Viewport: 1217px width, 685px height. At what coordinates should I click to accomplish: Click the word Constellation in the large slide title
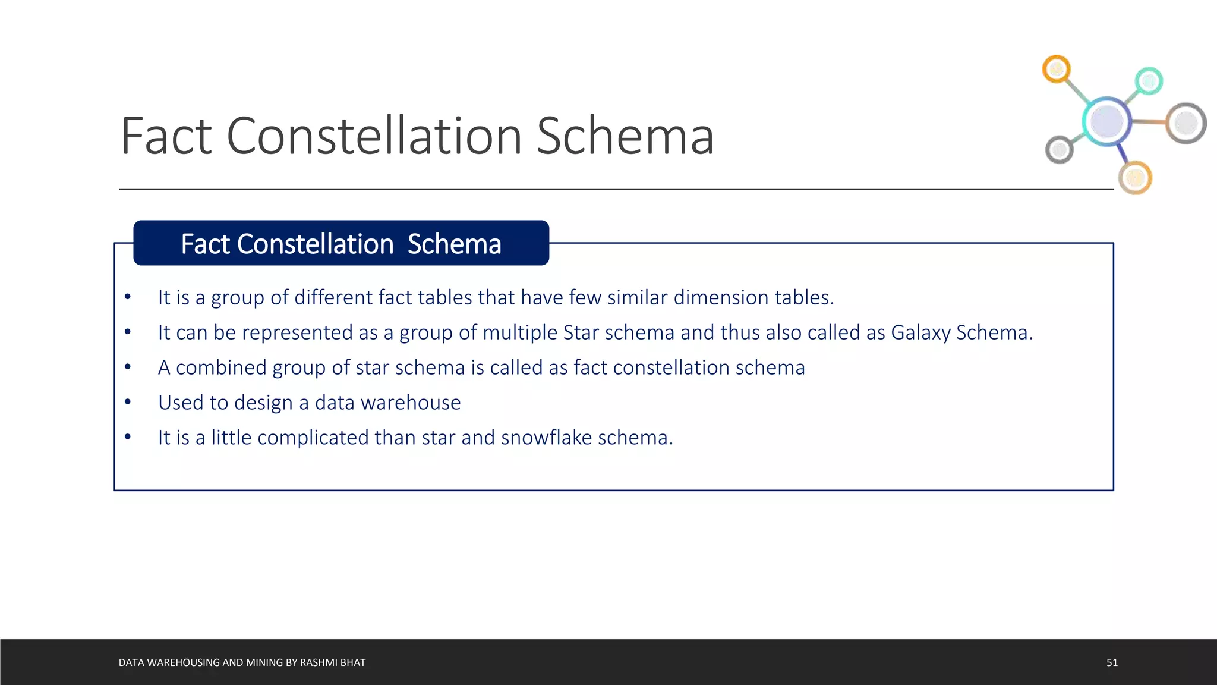(x=374, y=136)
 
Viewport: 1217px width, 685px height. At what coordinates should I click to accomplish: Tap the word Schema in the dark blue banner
(x=454, y=244)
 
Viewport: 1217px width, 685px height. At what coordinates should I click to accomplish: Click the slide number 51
(x=1112, y=662)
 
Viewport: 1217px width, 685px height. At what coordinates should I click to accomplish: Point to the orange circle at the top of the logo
(x=1057, y=70)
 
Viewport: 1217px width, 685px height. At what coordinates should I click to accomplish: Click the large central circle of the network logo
(x=1106, y=121)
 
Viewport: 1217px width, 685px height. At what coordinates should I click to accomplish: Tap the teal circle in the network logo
(x=1149, y=81)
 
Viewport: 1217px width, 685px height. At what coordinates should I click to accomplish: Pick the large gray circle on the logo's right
(x=1186, y=123)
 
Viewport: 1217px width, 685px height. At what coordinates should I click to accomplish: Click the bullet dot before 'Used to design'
(x=128, y=402)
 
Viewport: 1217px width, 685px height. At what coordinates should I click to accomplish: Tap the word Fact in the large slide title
(x=166, y=136)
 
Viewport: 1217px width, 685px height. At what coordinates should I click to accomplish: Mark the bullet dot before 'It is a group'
(x=128, y=297)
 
